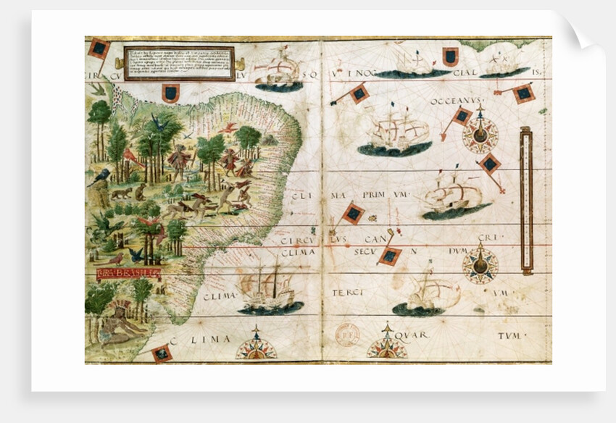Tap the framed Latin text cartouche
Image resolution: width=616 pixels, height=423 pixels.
coord(179,62)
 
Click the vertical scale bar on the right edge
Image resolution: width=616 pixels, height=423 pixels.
coord(526,201)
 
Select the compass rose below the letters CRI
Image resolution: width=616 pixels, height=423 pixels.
coord(480,264)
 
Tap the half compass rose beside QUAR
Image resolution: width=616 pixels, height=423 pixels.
coord(386,346)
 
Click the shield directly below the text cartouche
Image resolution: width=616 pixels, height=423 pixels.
coord(170,93)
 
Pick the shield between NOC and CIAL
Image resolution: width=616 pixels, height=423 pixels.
coord(450,56)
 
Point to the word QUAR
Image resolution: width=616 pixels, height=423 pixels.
coord(412,335)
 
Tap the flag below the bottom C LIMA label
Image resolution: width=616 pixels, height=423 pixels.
coord(162,353)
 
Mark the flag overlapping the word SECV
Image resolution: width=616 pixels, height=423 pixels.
coord(389,255)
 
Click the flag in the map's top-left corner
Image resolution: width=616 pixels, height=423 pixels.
coord(99,49)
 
